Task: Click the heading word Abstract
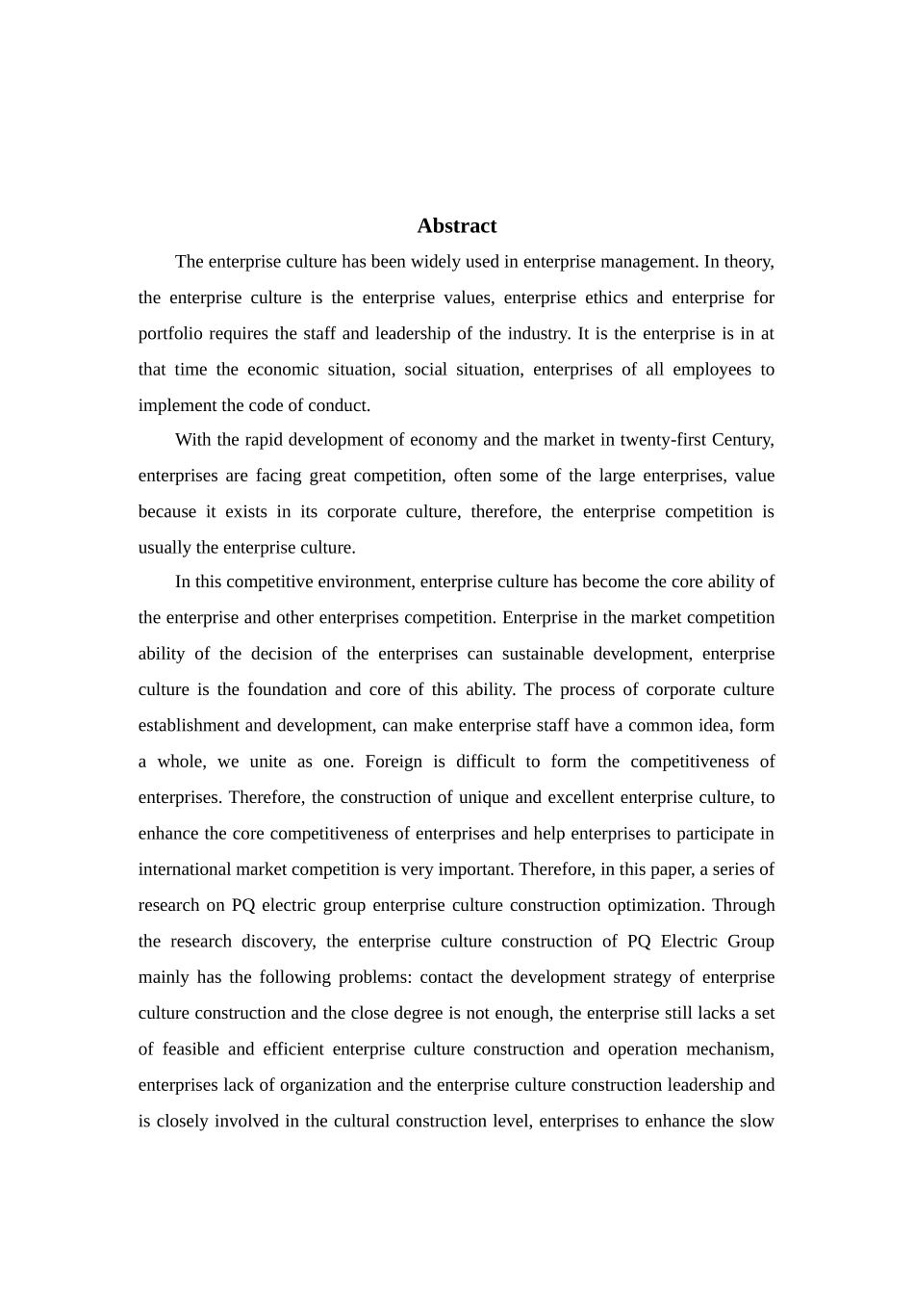(x=457, y=226)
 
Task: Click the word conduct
(x=339, y=405)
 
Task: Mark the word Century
(x=742, y=440)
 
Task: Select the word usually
(x=165, y=548)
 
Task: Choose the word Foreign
(x=394, y=762)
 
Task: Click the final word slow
(x=756, y=1122)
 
